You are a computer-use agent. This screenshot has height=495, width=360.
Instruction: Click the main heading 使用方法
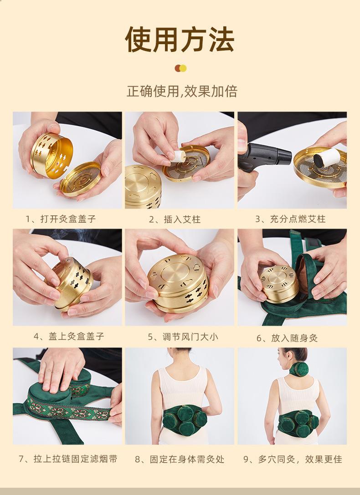(x=180, y=40)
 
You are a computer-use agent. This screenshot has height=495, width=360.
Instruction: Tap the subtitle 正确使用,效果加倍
(x=182, y=91)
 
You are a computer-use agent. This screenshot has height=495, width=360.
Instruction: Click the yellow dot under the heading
(x=183, y=68)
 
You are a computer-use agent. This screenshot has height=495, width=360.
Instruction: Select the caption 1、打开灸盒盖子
(x=61, y=219)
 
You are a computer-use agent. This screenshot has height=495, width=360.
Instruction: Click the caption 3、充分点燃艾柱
(x=290, y=219)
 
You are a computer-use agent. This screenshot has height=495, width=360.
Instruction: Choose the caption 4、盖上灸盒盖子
(x=69, y=336)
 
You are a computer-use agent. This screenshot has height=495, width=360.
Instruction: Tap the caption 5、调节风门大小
(x=183, y=337)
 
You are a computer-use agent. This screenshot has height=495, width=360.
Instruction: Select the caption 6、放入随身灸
(x=287, y=338)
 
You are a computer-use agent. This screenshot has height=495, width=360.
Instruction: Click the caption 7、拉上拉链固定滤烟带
(x=68, y=459)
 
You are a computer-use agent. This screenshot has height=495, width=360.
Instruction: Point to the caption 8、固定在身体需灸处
(x=180, y=459)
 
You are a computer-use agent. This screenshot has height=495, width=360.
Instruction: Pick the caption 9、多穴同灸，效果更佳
(x=293, y=459)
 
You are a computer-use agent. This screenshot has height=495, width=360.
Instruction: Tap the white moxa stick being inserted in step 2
(x=179, y=156)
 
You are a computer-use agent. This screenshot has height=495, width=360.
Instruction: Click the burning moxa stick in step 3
(x=326, y=158)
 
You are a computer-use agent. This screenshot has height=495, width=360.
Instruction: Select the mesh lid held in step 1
(x=81, y=179)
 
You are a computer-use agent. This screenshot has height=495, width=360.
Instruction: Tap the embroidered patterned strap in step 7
(x=68, y=409)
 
